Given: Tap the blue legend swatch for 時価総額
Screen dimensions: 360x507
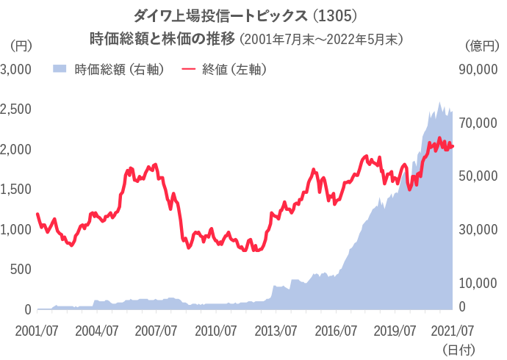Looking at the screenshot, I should (61, 70).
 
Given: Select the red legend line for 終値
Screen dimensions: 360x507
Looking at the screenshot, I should (189, 70).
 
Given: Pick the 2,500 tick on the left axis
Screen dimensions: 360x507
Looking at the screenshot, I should (15, 109).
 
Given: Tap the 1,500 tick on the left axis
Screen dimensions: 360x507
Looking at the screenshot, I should (15, 190).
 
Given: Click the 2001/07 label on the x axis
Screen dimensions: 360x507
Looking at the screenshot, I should (37, 330).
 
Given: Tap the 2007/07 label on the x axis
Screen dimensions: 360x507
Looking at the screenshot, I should (155, 330).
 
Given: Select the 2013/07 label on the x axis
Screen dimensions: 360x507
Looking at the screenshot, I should (275, 330).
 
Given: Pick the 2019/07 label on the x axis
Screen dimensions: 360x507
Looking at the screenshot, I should (394, 330).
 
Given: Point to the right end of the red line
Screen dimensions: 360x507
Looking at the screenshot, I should (453, 146).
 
